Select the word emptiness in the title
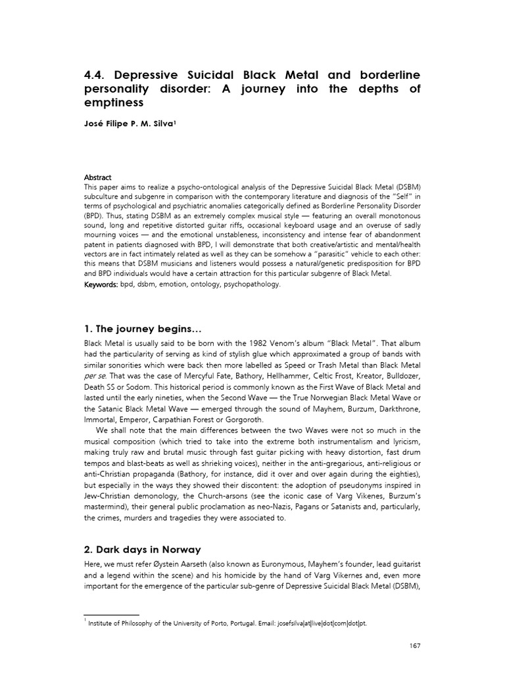[113, 104]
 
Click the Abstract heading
[97, 177]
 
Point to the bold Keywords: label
[101, 285]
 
